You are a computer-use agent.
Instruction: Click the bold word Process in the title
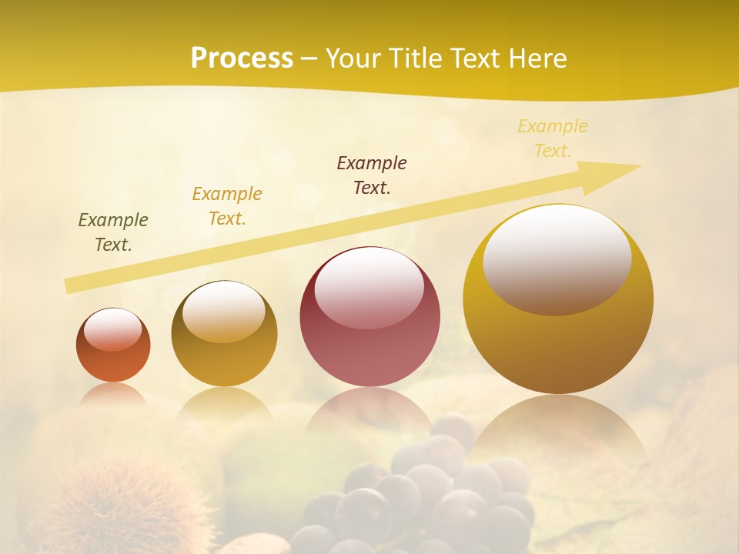242,58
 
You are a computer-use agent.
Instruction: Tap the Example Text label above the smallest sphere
113,232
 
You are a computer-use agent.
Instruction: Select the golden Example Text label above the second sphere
227,205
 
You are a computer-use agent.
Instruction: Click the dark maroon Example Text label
372,175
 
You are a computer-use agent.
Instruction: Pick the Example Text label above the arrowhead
553,138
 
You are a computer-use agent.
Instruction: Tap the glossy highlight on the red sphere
369,288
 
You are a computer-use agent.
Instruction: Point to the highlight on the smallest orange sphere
113,329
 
